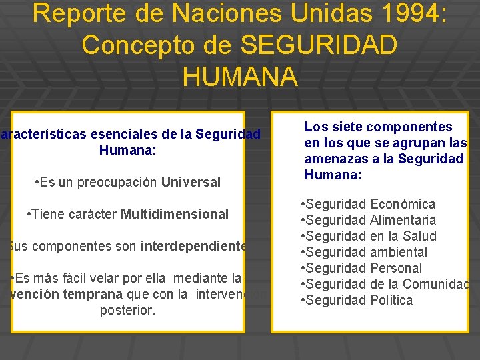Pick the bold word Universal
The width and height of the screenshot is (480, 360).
pos(191,182)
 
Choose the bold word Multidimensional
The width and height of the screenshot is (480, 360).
pos(175,214)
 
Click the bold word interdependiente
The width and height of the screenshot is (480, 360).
pos(193,246)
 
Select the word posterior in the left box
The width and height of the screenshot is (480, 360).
pos(127,310)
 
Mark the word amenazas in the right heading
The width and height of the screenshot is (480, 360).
pos(331,159)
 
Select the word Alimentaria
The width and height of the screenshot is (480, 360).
pos(403,220)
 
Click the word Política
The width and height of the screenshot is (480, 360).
pos(391,300)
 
